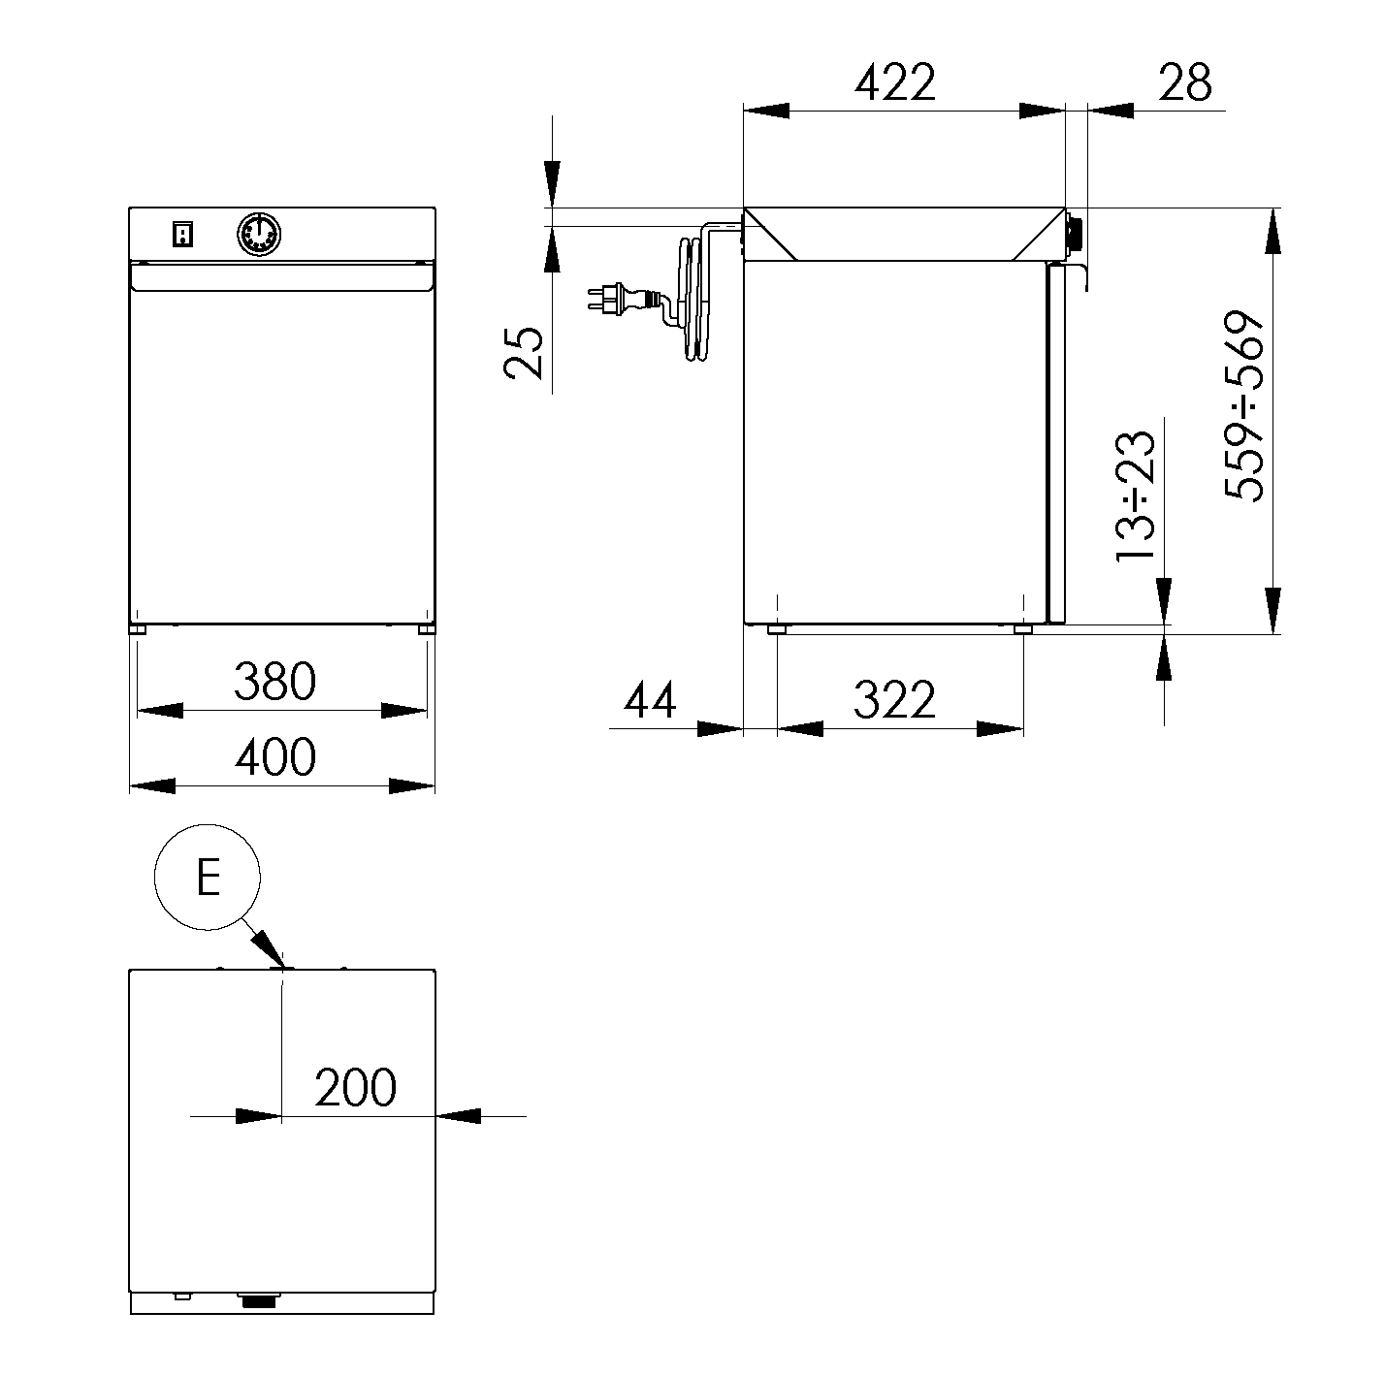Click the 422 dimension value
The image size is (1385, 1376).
pos(895,82)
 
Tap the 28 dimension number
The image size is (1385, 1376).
pos(1184,82)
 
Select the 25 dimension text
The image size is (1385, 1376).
pos(523,352)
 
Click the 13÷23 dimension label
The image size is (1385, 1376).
pos(1136,496)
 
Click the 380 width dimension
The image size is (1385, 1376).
pos(275,682)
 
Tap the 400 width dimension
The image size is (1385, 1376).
pos(275,756)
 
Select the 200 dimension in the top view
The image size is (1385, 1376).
pos(356,1087)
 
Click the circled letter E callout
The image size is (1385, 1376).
pos(208,878)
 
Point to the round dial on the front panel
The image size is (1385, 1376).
pos(259,234)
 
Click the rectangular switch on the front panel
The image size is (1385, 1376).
pos(183,235)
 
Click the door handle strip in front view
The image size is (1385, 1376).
pos(282,276)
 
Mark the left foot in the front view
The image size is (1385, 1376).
pos(138,630)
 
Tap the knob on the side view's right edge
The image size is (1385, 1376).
pos(1074,234)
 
